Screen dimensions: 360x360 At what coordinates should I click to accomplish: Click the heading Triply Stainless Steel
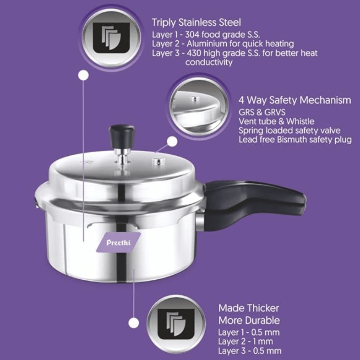coord(196,22)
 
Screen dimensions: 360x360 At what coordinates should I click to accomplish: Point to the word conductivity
coord(209,62)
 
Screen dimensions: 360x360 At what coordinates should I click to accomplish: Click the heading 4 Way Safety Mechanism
coord(295,100)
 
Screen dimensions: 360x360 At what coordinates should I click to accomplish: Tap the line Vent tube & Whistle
coord(276,121)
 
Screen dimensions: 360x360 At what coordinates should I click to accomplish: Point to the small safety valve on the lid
coord(159,161)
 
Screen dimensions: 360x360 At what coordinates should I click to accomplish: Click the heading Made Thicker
coord(248,308)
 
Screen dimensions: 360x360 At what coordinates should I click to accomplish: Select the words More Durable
coord(249,320)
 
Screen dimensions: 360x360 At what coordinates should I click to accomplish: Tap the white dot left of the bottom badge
coord(133,323)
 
